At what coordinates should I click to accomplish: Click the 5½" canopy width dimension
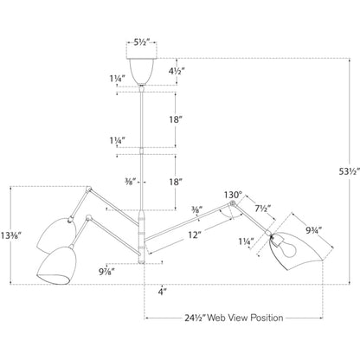coord(141,42)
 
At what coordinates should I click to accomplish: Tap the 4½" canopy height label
coord(176,71)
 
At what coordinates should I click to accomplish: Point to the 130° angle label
coord(233,195)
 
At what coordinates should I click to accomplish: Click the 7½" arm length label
coord(263,209)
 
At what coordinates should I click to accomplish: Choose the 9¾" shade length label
coord(314,230)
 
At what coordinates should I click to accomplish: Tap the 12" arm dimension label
coord(194,235)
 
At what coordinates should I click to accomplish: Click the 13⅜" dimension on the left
coord(11,235)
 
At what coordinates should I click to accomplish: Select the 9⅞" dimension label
coord(107,272)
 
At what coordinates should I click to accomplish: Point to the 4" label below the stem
coord(163,292)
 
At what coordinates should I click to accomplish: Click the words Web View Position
coord(245,318)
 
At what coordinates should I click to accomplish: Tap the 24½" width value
coord(195,318)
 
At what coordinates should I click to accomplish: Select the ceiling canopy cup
coord(141,71)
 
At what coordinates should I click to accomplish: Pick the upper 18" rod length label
coord(176,119)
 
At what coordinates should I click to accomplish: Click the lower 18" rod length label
coord(176,183)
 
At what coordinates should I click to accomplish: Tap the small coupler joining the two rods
coord(141,151)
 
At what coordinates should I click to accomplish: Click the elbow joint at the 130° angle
coord(232,204)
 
